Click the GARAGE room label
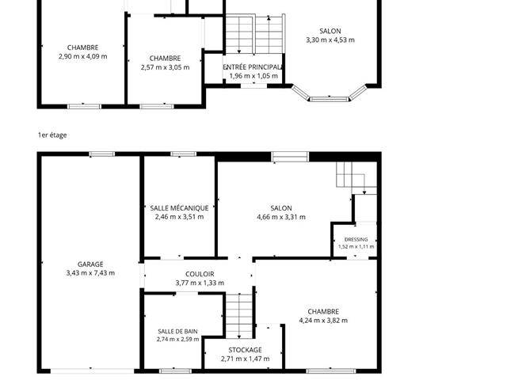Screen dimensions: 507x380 click(x=90, y=264)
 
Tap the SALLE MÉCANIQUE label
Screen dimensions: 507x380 click(x=179, y=208)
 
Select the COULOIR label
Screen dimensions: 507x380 click(x=200, y=274)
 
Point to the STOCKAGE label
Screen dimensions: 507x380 click(x=245, y=350)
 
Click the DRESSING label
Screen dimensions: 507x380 click(x=356, y=239)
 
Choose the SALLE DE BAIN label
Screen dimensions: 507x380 click(x=177, y=331)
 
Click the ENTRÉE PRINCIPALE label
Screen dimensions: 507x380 click(x=253, y=67)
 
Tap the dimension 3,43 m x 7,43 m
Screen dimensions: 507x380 click(x=90, y=273)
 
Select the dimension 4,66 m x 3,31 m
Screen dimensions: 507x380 click(x=281, y=217)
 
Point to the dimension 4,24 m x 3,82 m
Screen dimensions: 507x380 click(x=323, y=321)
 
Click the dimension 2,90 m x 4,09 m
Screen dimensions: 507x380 click(x=82, y=56)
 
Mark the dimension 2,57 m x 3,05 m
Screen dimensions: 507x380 click(x=165, y=67)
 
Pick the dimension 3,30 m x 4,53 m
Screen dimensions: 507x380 click(x=330, y=40)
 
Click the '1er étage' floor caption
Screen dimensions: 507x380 click(x=52, y=135)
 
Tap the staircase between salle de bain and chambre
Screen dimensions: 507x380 click(x=238, y=316)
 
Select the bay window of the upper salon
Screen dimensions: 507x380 click(x=330, y=93)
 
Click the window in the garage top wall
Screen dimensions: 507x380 click(x=102, y=154)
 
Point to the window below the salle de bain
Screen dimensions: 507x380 click(x=176, y=370)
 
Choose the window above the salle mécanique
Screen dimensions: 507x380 click(x=183, y=154)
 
